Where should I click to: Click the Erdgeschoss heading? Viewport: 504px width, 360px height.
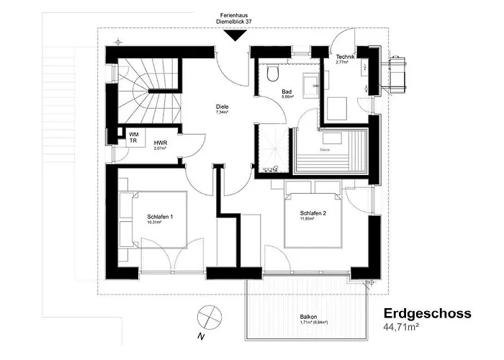tap(427, 314)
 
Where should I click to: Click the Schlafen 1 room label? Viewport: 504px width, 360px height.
tap(160, 217)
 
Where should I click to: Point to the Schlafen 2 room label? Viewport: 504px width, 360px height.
tap(313, 213)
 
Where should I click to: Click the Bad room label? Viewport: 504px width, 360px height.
tap(287, 92)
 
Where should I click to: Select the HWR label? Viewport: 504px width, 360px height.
tap(160, 143)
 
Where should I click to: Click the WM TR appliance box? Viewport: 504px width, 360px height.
tap(134, 138)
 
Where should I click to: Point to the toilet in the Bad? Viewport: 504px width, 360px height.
tap(271, 75)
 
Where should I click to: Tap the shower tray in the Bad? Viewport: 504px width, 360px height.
tap(273, 148)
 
